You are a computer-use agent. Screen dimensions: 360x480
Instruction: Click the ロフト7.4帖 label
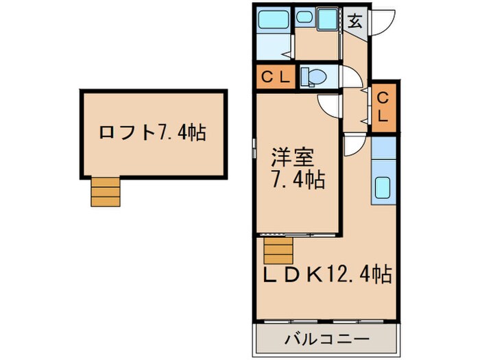152,132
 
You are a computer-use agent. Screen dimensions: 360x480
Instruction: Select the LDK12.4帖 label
328,275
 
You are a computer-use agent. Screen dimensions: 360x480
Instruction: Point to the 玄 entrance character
355,20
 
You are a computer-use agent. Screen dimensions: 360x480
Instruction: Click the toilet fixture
313,77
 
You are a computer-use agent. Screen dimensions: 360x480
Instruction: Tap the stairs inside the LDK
278,251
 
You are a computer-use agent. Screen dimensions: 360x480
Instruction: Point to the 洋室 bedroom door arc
330,106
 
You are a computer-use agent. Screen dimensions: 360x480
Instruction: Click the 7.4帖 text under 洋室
297,182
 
